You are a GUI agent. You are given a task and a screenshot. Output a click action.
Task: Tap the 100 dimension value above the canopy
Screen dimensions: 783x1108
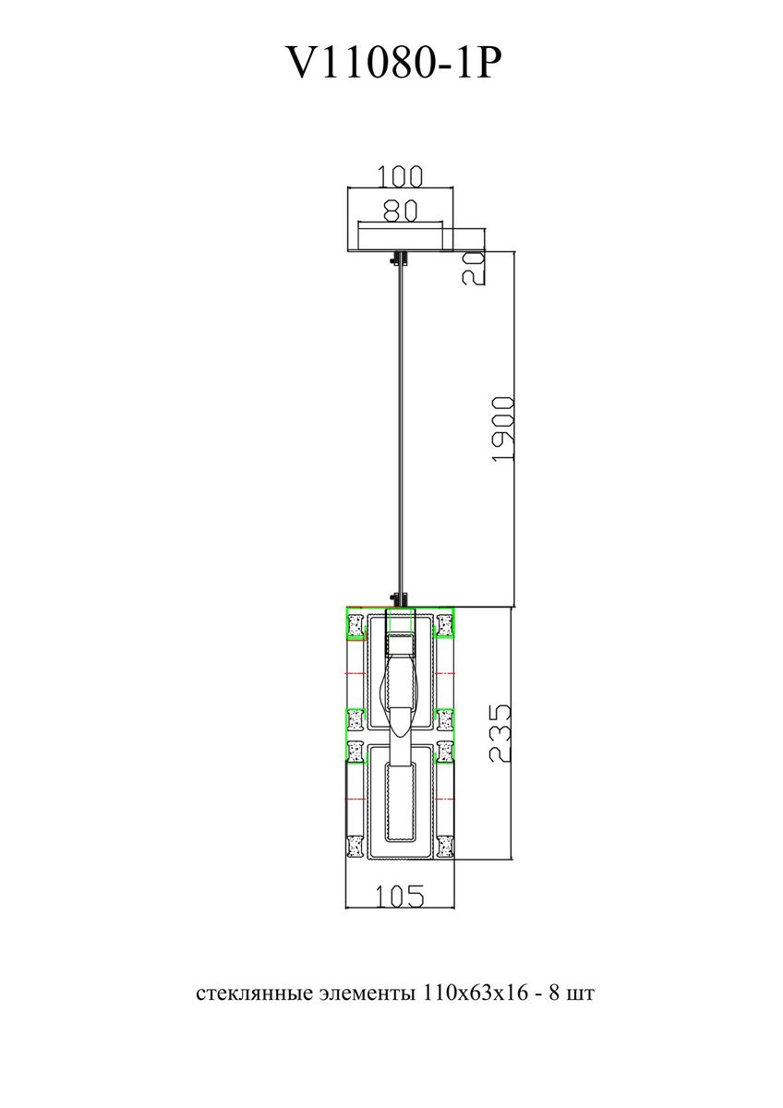click(x=400, y=176)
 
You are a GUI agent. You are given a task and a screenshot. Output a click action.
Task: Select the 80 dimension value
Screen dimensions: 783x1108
click(x=400, y=211)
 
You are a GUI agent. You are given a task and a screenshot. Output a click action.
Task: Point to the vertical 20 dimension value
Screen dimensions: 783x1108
click(x=474, y=268)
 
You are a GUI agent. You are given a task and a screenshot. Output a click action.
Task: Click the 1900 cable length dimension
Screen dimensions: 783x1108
click(x=504, y=428)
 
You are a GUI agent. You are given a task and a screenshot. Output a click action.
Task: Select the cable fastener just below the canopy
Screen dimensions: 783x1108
click(x=400, y=259)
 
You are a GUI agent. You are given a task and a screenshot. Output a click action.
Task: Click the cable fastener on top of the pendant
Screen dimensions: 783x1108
click(x=400, y=600)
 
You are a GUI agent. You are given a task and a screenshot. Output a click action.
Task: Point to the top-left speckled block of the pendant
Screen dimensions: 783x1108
click(x=355, y=625)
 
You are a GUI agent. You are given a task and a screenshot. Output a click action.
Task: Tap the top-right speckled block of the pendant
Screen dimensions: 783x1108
click(x=445, y=625)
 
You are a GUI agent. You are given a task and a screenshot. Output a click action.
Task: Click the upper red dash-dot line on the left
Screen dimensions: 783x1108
click(x=355, y=674)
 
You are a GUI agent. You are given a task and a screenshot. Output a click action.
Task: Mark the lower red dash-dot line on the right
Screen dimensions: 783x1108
click(x=445, y=799)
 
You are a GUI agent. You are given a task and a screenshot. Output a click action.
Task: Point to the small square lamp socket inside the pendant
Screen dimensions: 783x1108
click(x=400, y=644)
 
